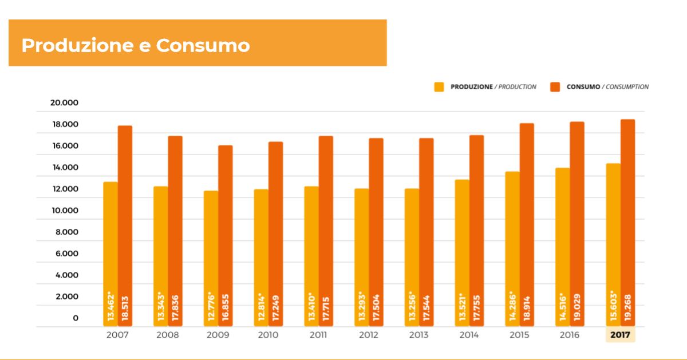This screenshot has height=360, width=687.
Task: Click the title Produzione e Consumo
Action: point(136,45)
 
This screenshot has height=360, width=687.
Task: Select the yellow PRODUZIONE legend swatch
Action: point(439,87)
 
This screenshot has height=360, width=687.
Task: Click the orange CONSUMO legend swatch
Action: point(555,87)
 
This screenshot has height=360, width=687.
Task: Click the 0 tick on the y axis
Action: point(75,318)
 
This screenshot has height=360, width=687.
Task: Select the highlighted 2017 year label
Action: point(620,335)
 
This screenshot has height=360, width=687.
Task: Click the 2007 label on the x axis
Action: point(118,335)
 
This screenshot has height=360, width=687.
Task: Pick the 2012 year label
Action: point(369,335)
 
